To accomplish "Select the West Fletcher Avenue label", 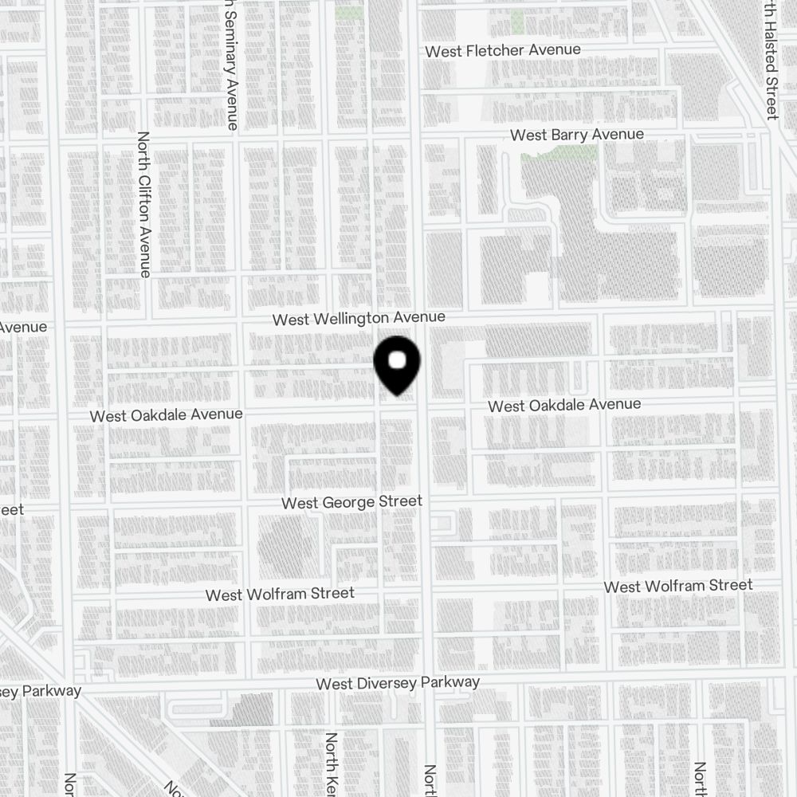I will (503, 51).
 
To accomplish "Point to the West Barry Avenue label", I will (577, 135).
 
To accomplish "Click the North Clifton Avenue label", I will (144, 205).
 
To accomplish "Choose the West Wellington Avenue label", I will (359, 319).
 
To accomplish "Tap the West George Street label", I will (351, 502).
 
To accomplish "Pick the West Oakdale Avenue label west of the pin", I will (166, 415).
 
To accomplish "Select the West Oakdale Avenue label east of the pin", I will (564, 405).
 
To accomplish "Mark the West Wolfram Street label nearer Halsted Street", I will (677, 586).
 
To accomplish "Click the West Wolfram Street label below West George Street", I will (280, 594).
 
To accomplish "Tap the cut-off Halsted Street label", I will (770, 60).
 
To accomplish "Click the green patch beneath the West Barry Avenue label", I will (558, 152).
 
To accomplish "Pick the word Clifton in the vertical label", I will (144, 204).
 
